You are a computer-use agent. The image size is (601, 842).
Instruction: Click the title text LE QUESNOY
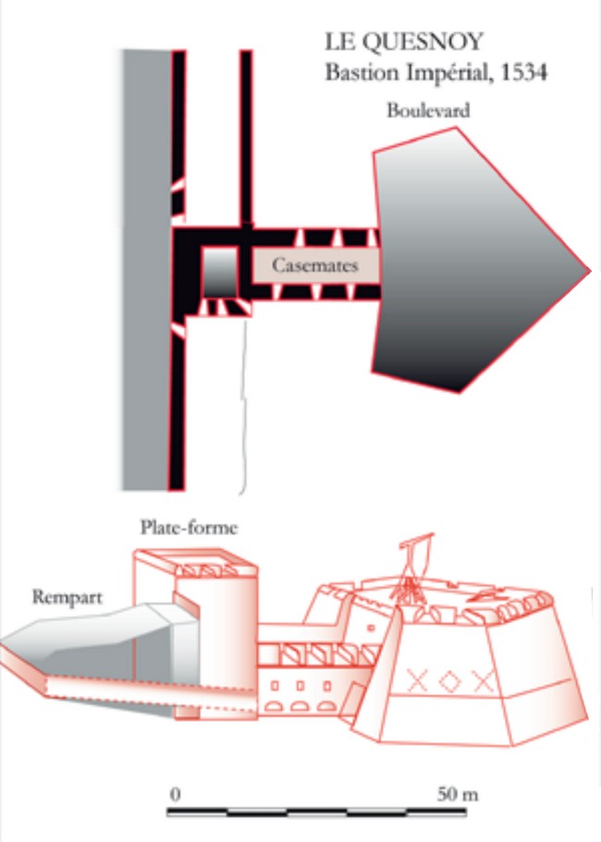tap(404, 42)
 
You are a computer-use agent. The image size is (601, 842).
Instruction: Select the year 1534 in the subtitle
tap(523, 72)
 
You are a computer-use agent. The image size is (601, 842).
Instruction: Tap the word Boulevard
tap(428, 110)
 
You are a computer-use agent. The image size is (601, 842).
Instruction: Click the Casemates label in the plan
tap(314, 264)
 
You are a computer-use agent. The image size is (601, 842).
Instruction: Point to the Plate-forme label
tap(189, 528)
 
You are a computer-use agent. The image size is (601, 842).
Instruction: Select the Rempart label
tap(67, 597)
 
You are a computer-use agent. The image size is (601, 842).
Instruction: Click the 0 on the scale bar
tap(175, 794)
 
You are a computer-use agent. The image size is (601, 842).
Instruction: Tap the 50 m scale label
tap(457, 794)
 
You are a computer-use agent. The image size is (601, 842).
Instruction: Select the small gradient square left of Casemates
tap(220, 273)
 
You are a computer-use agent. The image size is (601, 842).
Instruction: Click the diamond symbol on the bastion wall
tap(449, 681)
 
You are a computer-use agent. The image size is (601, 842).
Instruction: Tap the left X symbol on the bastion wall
tap(417, 680)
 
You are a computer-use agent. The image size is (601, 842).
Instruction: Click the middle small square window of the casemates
tap(300, 686)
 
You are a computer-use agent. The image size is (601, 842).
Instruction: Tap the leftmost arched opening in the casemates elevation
tap(274, 706)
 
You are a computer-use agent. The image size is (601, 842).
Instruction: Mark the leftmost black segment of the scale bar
tap(197, 811)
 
